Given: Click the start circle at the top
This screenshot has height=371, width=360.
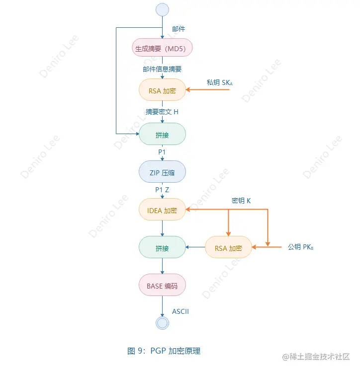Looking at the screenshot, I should coord(162,9).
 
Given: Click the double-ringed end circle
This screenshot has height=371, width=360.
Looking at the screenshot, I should coord(162,323).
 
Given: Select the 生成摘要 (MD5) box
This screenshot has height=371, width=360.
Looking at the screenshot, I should coord(162,48).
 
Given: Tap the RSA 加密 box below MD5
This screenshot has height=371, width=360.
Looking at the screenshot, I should coord(162,91).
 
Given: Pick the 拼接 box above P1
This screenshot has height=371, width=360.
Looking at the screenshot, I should coord(162,134).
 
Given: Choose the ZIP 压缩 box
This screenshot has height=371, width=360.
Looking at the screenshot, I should coord(162,172).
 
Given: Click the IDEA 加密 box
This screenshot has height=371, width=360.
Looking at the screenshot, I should coord(162,210).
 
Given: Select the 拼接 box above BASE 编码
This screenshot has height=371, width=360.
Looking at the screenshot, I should coord(162,247).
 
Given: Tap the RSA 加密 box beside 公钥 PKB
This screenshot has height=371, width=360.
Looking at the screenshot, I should coord(228,247).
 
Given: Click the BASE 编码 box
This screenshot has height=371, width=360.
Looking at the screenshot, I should coord(162,286).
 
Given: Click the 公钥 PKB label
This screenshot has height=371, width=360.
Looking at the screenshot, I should coord(300,247).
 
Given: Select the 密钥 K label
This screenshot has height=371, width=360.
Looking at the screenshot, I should coord(241,201).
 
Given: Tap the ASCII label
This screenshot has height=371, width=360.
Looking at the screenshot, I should coord(180,311).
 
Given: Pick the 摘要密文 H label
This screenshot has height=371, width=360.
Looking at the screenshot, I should coord(162,112).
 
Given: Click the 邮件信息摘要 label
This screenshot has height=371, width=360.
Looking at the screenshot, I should coord(162,69).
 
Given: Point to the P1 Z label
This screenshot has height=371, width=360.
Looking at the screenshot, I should coord(162,190).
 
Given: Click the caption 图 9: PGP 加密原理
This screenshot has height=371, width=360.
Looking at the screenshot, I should coord(164,351).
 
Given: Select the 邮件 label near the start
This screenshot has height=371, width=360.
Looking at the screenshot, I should coord(179,29).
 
